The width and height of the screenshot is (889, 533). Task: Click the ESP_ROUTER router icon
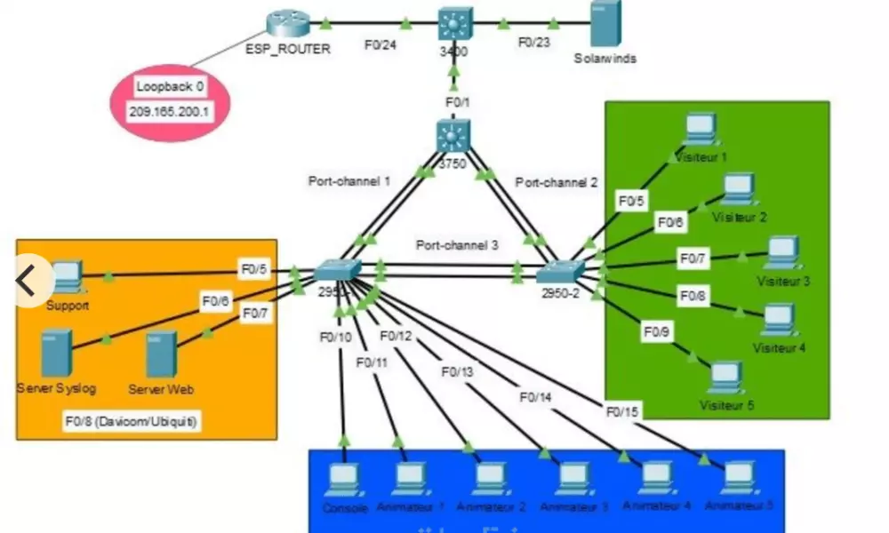tap(287, 23)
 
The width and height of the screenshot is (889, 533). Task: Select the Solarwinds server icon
tap(605, 24)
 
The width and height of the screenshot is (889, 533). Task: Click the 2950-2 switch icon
tap(560, 270)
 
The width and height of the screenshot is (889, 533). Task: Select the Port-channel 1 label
tap(349, 181)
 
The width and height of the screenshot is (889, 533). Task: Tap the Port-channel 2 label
tap(557, 182)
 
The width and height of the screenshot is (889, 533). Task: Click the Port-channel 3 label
tap(457, 244)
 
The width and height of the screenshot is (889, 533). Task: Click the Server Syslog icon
tap(55, 353)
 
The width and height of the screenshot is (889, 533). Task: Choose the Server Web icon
tap(161, 354)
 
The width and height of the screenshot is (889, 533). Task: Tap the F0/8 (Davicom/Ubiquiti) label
tap(131, 421)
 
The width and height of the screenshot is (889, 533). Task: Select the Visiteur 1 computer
tap(700, 130)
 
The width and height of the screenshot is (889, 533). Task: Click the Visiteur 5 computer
tap(726, 378)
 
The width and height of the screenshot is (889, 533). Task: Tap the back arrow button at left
tap(27, 281)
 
